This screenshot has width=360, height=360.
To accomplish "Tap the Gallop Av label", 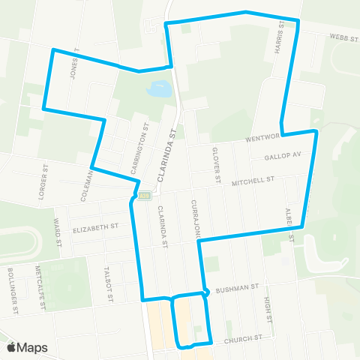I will click(283, 156).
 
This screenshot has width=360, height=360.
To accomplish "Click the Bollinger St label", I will click(12, 284).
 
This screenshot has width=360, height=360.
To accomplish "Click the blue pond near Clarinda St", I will click(160, 91).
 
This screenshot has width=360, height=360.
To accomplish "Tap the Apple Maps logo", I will click(26, 347).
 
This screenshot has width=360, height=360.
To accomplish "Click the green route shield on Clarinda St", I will click(144, 195).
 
